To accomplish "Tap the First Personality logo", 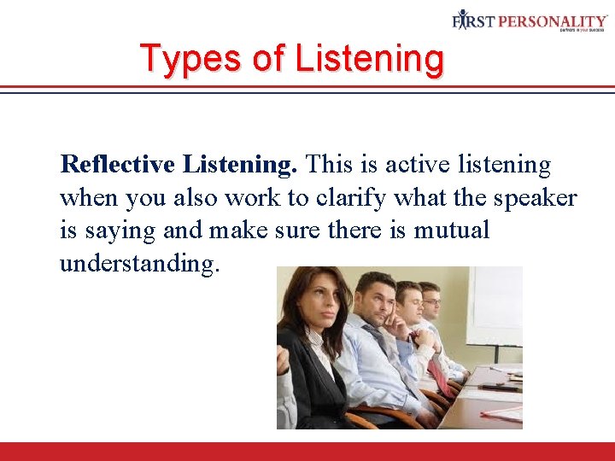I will pyautogui.click(x=530, y=20).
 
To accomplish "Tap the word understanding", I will pyautogui.click(x=139, y=264).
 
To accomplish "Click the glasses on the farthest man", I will pyautogui.click(x=432, y=301).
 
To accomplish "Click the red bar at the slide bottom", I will pyautogui.click(x=307, y=451).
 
